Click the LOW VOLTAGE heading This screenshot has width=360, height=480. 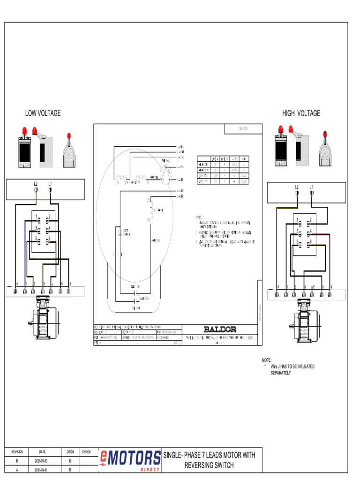tap(43, 113)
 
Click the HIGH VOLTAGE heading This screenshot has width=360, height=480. tap(301, 113)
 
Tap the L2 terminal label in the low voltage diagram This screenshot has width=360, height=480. tap(36, 183)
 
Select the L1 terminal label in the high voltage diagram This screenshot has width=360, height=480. tap(311, 187)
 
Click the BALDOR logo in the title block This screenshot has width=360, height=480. tap(220, 329)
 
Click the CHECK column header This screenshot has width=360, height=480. tap(86, 452)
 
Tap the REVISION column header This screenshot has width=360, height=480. tap(17, 452)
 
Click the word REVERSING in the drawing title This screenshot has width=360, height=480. tap(201, 465)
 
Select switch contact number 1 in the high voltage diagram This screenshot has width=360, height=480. tap(297, 220)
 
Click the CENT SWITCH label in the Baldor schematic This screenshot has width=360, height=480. tap(127, 232)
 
